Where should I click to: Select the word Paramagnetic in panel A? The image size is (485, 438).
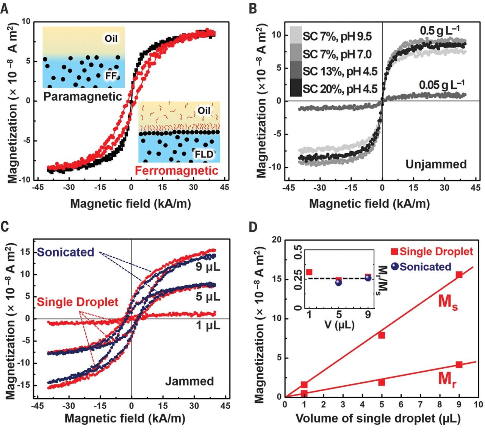83,96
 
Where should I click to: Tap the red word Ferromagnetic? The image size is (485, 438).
177,171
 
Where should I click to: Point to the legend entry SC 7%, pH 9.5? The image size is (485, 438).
337,36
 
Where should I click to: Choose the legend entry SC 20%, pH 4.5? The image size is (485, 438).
340,89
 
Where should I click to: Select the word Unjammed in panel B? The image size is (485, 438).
436,164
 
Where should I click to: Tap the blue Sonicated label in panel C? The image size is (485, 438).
66,252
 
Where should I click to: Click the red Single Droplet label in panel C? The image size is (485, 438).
78,302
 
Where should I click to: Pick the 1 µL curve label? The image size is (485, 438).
208,325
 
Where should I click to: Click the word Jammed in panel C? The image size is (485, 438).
189,381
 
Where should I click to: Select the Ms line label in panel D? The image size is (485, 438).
448,303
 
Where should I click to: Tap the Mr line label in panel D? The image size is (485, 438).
447,379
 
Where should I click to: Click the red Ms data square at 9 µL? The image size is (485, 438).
459,275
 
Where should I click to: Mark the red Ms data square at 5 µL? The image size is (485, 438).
382,335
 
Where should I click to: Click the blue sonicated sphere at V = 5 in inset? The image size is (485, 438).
339,282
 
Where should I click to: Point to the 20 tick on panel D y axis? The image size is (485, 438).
279,240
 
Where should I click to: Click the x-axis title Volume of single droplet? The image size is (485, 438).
378,418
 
